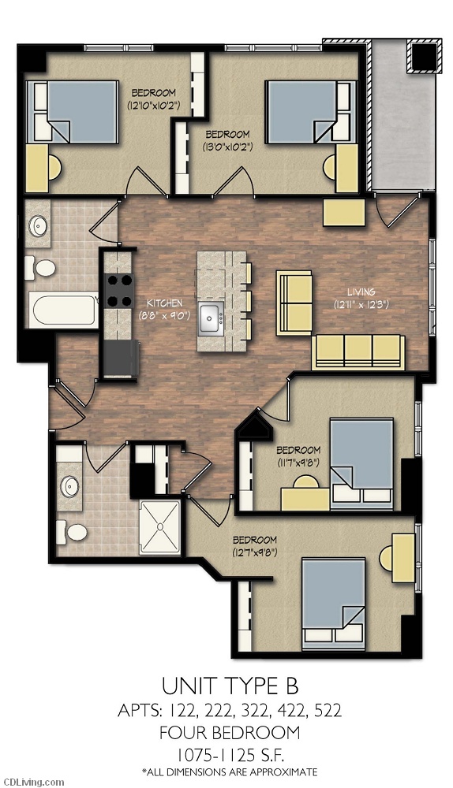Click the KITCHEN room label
(164, 303)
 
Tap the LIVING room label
(361, 292)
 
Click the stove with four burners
(119, 291)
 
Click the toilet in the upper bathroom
(40, 268)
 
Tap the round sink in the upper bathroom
(38, 226)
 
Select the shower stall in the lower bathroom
(159, 527)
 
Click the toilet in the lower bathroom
(72, 532)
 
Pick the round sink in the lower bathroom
(69, 486)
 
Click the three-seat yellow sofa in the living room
(358, 351)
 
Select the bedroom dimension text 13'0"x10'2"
(227, 147)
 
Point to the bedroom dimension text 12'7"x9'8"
(255, 552)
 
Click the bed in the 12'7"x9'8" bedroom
(333, 601)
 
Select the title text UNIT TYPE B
(230, 686)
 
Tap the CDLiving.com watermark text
(32, 782)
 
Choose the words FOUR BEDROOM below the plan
(230, 733)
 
